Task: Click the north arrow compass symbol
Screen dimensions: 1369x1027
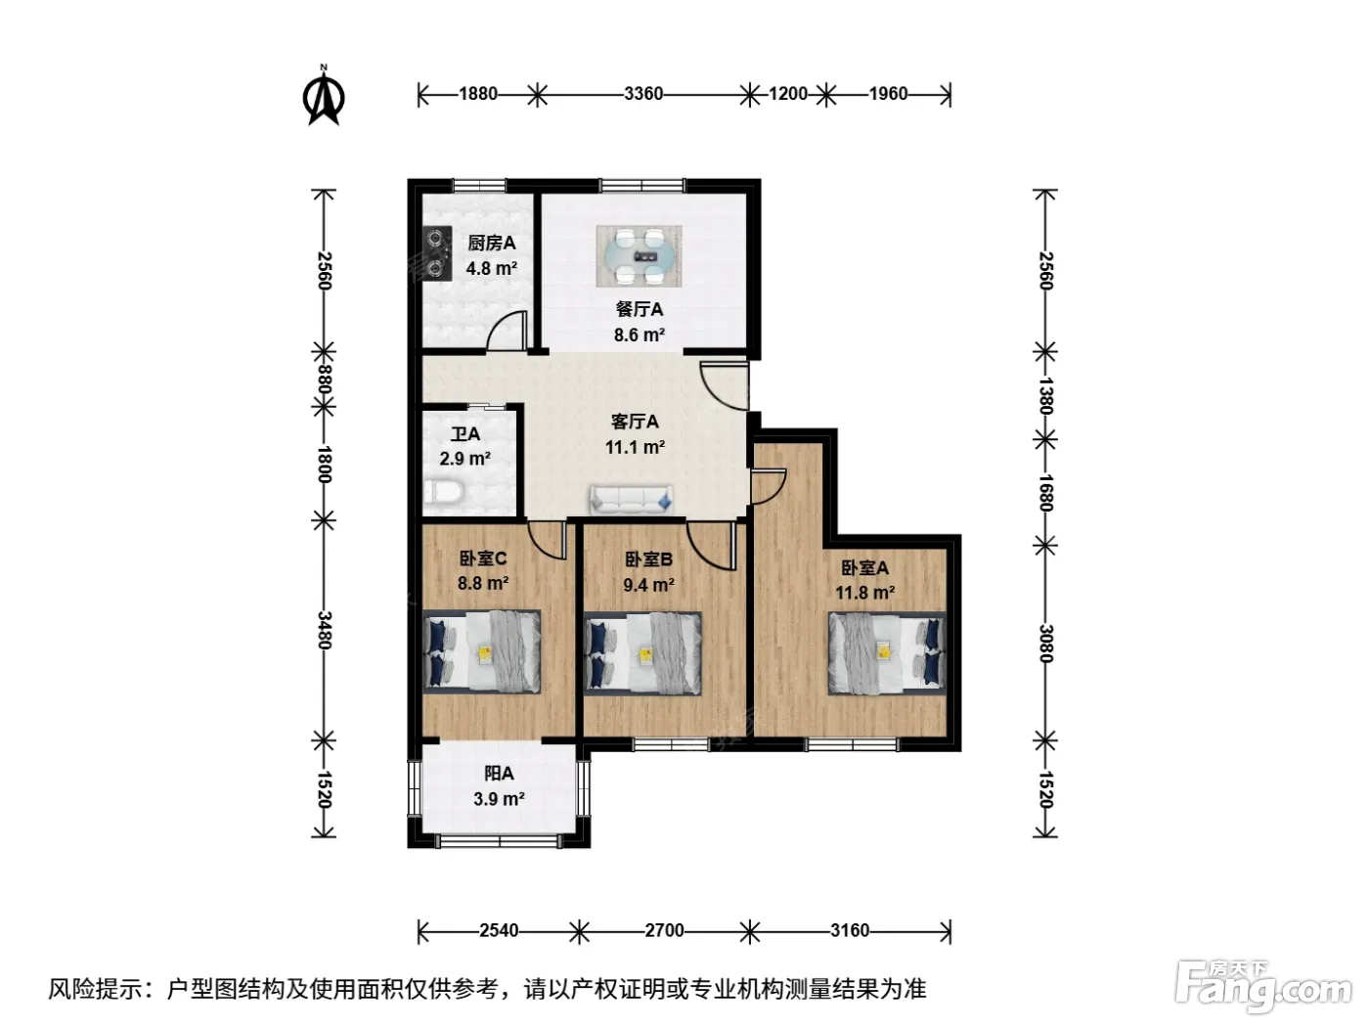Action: point(323,96)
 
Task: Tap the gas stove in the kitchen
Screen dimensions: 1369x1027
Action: point(437,252)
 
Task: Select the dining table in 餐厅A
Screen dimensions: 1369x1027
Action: point(639,255)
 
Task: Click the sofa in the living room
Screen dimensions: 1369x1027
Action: point(632,500)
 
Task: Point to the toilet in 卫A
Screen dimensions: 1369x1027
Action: point(443,492)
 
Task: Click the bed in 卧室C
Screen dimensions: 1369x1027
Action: point(481,651)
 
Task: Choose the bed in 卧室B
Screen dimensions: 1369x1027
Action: point(642,652)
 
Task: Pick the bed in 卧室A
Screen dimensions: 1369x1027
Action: point(887,653)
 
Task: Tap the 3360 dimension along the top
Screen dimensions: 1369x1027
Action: point(643,94)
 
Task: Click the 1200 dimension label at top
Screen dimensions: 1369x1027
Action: point(788,94)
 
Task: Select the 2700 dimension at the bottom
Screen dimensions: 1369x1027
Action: point(664,930)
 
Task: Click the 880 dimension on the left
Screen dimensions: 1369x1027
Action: point(323,380)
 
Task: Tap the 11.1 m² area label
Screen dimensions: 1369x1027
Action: point(635,447)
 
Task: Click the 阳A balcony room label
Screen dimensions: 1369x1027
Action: point(499,774)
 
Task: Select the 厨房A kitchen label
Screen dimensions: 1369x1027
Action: point(492,243)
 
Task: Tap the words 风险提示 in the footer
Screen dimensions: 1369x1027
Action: point(96,989)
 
